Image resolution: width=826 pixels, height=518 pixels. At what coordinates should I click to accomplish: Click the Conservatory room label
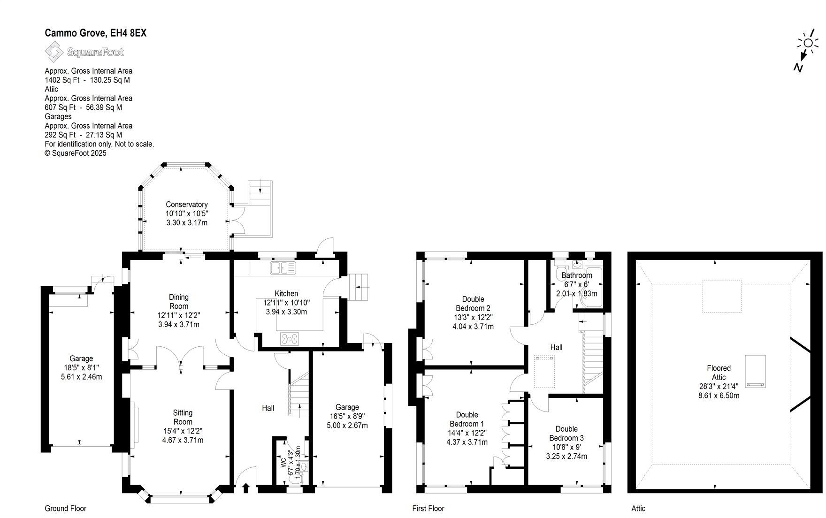[186, 205]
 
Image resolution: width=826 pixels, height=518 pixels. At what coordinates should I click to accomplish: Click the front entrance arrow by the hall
[245, 489]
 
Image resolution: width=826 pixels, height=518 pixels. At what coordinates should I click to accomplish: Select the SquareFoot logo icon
[54, 52]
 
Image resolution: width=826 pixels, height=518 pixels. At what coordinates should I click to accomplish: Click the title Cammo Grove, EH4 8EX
[95, 33]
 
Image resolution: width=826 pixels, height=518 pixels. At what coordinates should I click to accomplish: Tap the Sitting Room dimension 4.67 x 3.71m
[183, 440]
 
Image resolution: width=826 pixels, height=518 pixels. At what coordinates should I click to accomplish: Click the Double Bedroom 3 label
[566, 433]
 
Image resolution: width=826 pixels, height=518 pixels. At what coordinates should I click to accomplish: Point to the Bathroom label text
[577, 275]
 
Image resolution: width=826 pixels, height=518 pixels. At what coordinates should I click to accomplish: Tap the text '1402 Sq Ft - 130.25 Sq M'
[87, 80]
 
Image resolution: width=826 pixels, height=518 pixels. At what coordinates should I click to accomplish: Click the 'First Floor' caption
[428, 508]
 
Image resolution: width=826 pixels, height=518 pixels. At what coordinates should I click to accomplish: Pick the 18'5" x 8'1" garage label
[81, 368]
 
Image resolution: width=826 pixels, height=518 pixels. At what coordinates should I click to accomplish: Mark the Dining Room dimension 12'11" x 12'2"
[178, 315]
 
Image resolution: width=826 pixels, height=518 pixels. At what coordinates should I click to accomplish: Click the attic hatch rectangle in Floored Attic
[755, 372]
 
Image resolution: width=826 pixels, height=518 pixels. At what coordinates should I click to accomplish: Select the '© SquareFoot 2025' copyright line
[76, 153]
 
